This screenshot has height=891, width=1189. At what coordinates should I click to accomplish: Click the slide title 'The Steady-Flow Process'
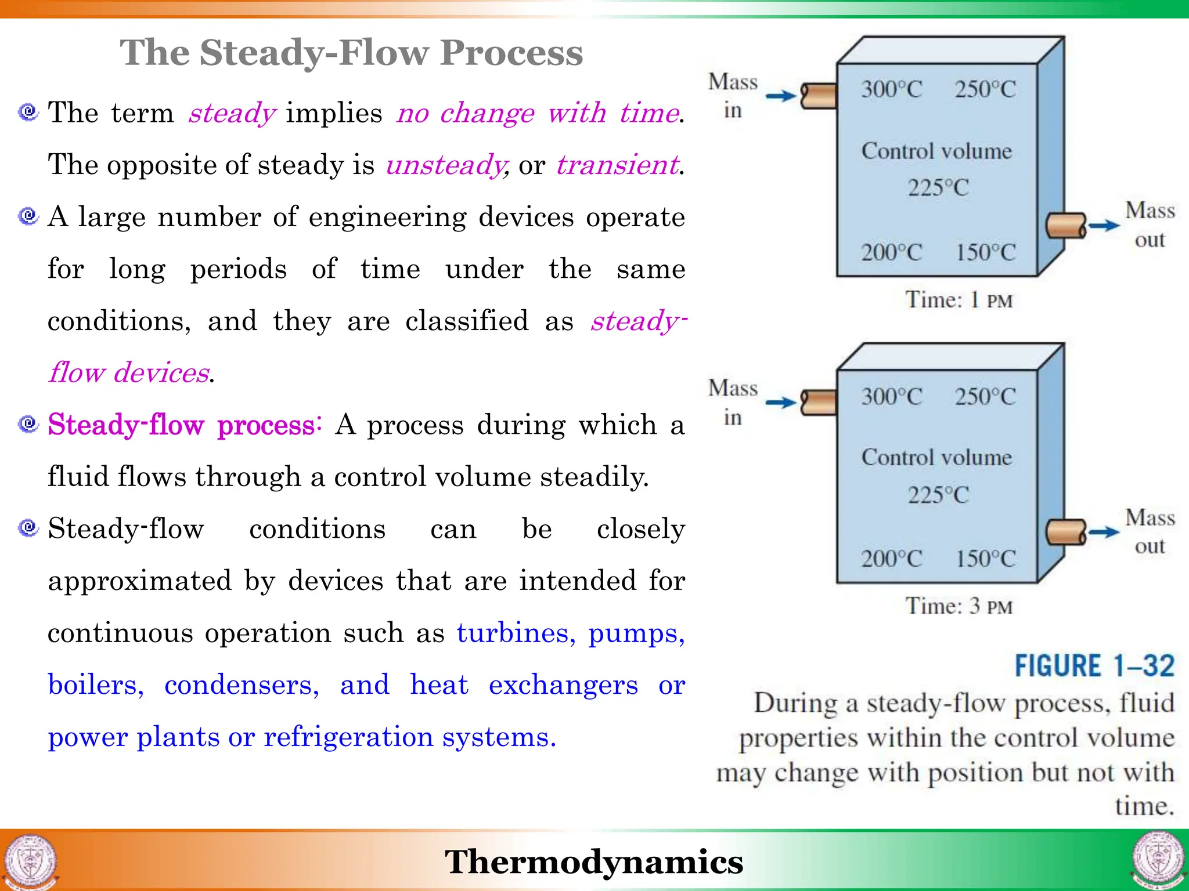pyautogui.click(x=351, y=53)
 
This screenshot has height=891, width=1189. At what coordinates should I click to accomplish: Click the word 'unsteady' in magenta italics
pyautogui.click(x=446, y=165)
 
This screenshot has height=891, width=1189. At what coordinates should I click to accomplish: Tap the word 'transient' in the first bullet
pyautogui.click(x=617, y=165)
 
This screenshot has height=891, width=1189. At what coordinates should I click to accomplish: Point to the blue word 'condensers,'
pyautogui.click(x=242, y=685)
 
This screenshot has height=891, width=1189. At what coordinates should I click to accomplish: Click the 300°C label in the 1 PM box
pyautogui.click(x=891, y=89)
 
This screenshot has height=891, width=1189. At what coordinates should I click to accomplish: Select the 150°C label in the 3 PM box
pyautogui.click(x=986, y=559)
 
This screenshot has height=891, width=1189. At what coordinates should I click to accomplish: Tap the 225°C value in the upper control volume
pyautogui.click(x=938, y=187)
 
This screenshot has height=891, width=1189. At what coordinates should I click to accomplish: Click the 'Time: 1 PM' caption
pyautogui.click(x=959, y=300)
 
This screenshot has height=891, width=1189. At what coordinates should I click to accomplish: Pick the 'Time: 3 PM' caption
pyautogui.click(x=959, y=607)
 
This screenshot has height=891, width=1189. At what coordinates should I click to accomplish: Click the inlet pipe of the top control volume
pyautogui.click(x=819, y=96)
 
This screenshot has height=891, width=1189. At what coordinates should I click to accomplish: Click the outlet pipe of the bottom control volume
pyautogui.click(x=1066, y=532)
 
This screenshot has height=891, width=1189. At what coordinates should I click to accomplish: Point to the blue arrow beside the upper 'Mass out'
pyautogui.click(x=1104, y=226)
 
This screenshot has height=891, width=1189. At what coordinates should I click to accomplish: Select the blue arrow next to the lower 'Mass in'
pyautogui.click(x=781, y=402)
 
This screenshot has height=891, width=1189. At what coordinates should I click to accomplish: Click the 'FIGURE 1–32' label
pyautogui.click(x=1094, y=666)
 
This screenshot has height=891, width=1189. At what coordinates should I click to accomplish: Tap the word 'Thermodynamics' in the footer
pyautogui.click(x=593, y=861)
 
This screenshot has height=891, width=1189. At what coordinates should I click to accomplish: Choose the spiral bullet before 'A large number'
pyautogui.click(x=28, y=216)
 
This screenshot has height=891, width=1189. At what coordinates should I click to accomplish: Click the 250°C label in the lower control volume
pyautogui.click(x=986, y=397)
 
